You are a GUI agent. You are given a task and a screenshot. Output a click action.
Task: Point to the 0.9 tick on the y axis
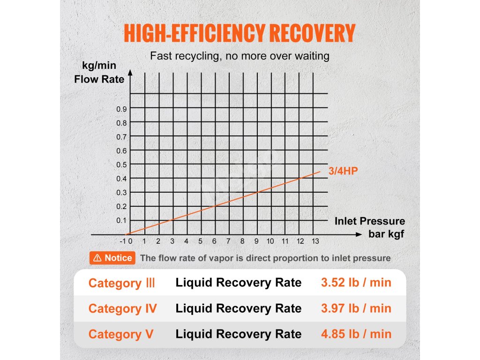tap(121, 109)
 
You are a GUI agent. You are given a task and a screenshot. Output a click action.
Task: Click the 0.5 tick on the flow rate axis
tap(121, 165)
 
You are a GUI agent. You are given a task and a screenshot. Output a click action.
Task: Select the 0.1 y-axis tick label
tap(121, 220)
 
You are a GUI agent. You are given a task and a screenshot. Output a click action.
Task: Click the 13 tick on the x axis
tap(315, 241)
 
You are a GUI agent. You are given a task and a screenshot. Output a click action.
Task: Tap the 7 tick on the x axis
tap(228, 241)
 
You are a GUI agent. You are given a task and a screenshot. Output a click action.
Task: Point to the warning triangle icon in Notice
tap(97, 258)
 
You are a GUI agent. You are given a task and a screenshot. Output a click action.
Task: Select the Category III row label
tap(122, 283)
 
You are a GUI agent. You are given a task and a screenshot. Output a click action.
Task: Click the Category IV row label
tap(122, 308)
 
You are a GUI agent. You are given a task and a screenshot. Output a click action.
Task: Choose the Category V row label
tap(120, 334)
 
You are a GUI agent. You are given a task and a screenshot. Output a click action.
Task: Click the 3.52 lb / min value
tap(356, 283)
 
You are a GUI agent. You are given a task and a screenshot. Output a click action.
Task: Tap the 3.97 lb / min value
tap(356, 308)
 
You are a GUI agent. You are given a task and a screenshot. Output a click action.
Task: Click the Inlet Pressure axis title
tap(370, 221)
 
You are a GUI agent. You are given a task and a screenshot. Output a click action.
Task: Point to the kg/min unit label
tap(99, 66)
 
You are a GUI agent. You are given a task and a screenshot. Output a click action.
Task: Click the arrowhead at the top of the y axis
tap(130, 74)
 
